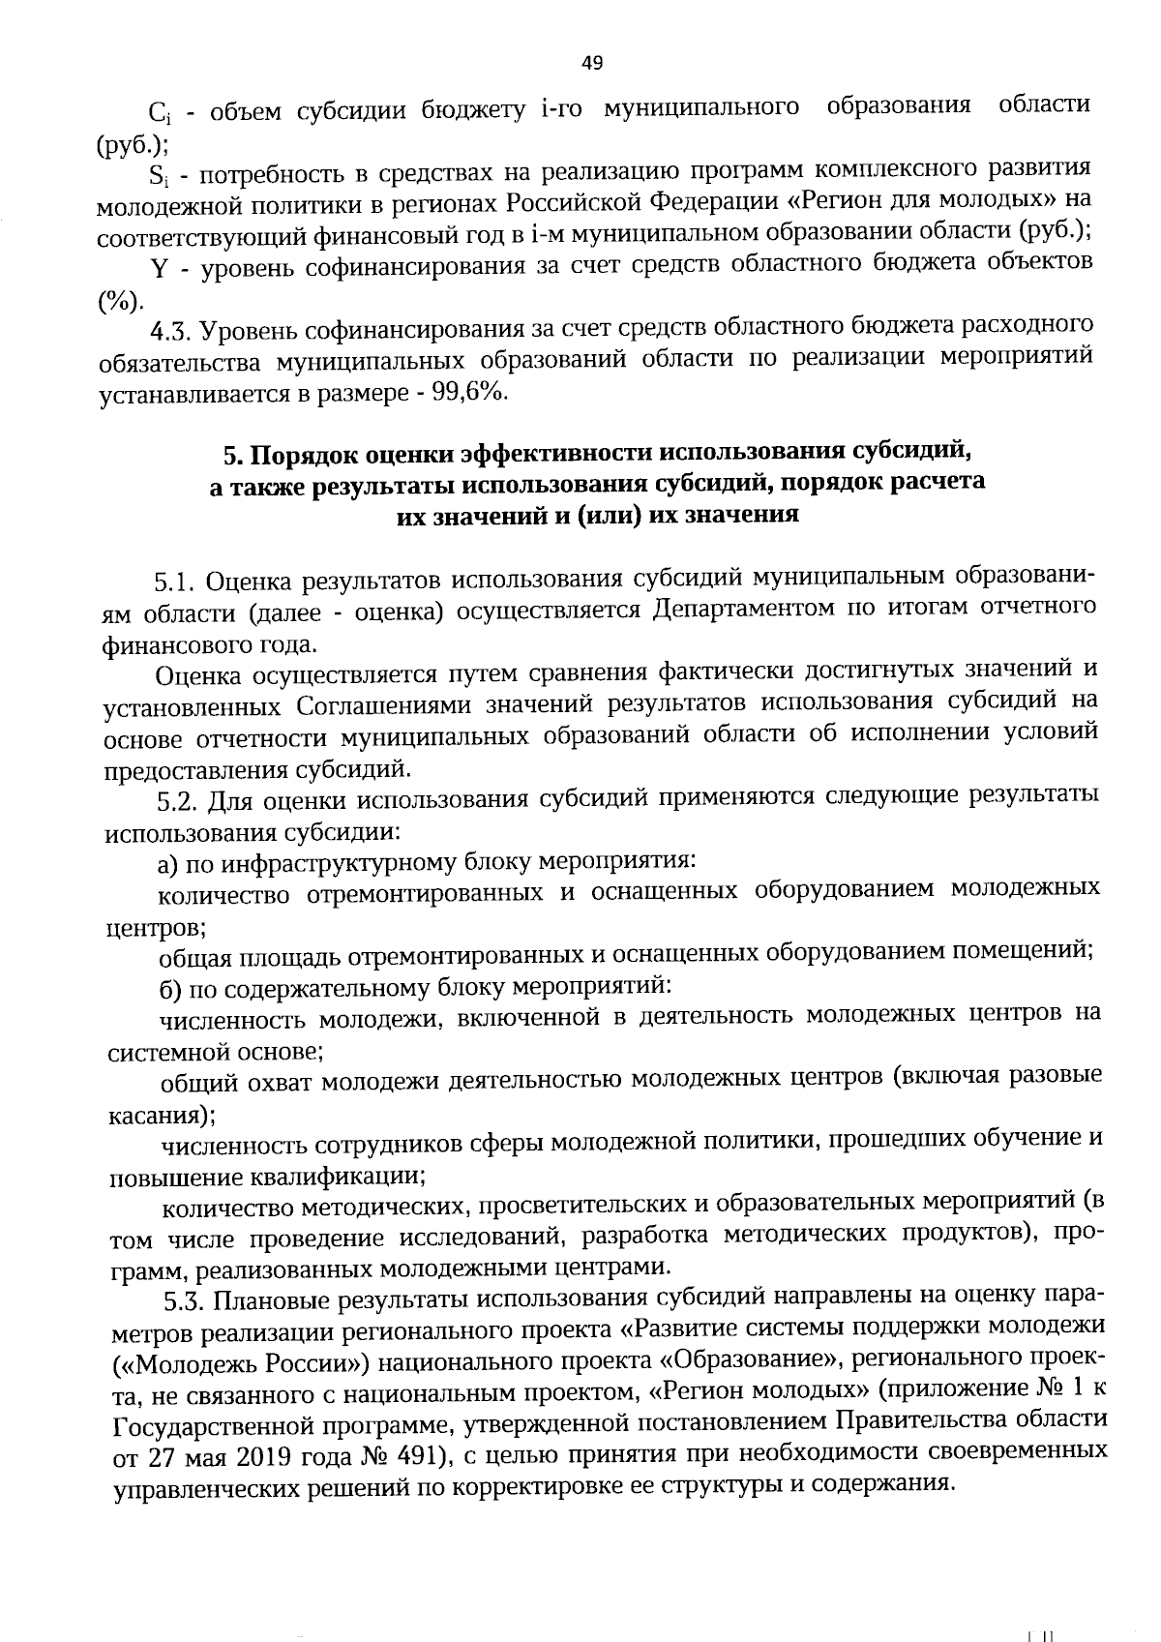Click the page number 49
pos(593,64)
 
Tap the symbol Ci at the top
pos(160,113)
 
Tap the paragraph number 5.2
pos(178,801)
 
